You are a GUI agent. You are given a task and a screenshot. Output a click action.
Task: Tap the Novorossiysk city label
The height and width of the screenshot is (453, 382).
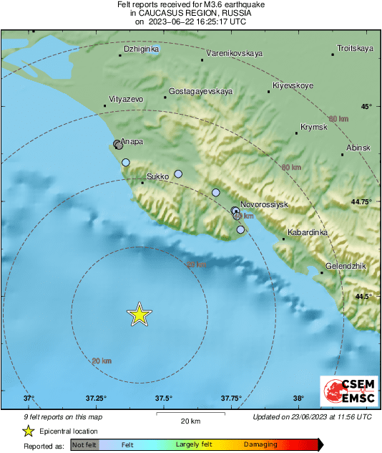(264, 204)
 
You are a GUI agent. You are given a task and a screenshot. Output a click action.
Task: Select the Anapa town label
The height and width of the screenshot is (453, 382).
(132, 142)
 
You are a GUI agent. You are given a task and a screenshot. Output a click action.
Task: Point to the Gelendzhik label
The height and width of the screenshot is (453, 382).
(346, 266)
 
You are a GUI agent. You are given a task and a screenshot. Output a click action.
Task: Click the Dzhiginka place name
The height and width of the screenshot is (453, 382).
(141, 50)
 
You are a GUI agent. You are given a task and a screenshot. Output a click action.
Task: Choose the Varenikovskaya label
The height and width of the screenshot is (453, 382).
(234, 53)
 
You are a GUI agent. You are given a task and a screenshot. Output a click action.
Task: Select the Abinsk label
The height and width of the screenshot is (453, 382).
(358, 147)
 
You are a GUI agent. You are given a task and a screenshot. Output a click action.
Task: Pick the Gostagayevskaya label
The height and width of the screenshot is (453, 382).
(201, 92)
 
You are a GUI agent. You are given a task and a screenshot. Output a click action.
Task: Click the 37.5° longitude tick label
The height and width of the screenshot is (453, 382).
(163, 399)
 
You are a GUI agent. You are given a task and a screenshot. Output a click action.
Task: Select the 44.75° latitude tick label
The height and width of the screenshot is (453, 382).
(361, 202)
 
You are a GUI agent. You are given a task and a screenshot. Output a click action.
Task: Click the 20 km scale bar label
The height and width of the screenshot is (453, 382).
(190, 421)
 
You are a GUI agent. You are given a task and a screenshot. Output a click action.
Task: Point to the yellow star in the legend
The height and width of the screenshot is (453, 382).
(28, 431)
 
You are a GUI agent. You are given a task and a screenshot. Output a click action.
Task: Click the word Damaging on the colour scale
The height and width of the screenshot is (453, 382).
(260, 445)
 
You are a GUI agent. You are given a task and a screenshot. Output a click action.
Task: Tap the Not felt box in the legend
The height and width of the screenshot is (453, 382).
(84, 445)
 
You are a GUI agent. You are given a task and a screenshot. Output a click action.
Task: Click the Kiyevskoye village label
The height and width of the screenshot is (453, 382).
(293, 86)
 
